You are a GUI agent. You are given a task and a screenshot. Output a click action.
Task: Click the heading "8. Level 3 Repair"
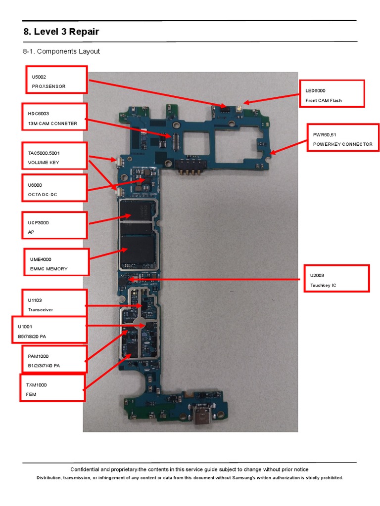coord(61,32)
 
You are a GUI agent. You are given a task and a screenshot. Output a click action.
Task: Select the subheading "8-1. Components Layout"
coord(62,51)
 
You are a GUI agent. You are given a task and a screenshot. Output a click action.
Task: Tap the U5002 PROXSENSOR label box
coord(56,80)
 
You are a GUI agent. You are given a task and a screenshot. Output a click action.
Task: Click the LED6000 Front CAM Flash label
coord(332,93)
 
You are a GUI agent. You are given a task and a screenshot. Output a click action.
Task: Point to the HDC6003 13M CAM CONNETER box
coord(54,117)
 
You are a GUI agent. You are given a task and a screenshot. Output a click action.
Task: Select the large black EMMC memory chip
coord(139,253)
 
